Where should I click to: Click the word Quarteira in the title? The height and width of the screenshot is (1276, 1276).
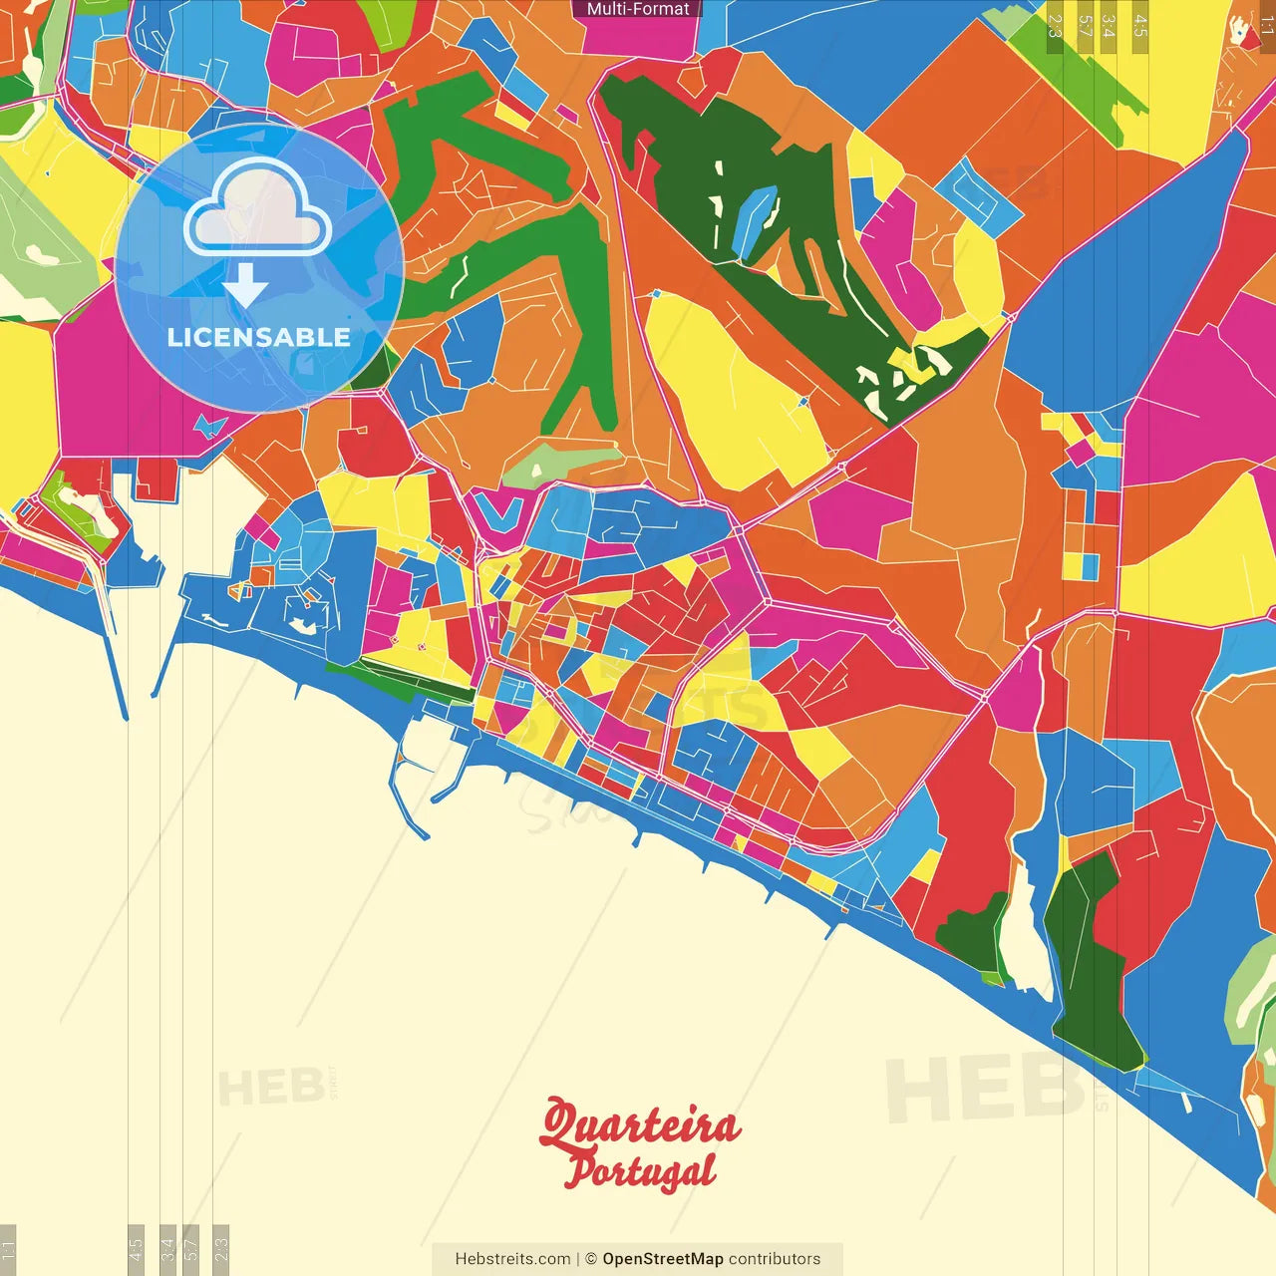coord(640,1124)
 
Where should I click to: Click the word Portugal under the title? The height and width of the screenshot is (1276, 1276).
coord(640,1172)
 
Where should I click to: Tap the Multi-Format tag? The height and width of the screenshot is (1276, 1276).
coord(638,9)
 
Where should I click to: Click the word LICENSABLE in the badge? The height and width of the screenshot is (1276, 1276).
coord(258,337)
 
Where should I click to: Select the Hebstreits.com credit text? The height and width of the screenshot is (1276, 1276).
coord(512,1259)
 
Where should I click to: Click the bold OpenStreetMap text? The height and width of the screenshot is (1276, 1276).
coord(662,1259)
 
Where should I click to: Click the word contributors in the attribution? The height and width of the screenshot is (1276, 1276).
coord(775,1259)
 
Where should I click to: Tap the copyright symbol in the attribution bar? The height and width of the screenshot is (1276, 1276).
coord(591,1259)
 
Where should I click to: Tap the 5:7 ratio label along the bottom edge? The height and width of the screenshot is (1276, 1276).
coord(191,1248)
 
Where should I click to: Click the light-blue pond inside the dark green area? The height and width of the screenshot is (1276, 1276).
coord(754,219)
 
